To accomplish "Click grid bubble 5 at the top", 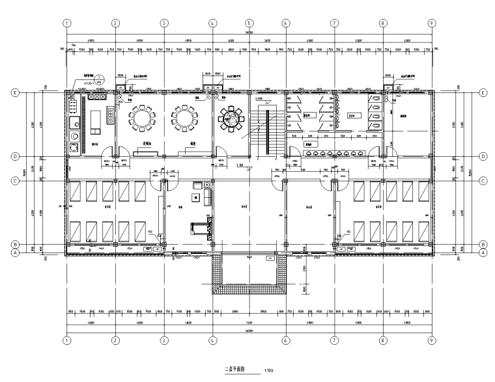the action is point(249,22).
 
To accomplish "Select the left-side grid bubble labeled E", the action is point(15,93).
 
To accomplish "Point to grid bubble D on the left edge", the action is point(15,157).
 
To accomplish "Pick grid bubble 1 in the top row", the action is point(66,22).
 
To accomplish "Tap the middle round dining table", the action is point(185,118).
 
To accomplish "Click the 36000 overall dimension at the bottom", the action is point(249,330).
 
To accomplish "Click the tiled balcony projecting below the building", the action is point(249,273).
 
